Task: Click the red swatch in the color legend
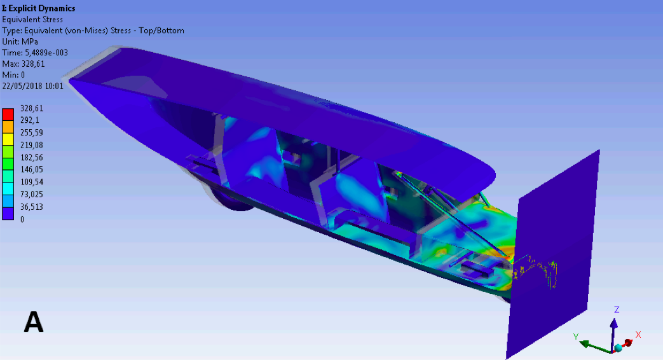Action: click(x=8, y=114)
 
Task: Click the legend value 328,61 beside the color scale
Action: click(x=32, y=108)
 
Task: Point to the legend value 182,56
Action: click(x=32, y=157)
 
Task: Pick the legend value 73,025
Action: click(x=32, y=194)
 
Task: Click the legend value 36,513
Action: click(x=32, y=207)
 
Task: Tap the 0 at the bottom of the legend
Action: click(x=22, y=219)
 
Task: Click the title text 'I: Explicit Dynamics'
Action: click(x=39, y=8)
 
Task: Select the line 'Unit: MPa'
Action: click(x=20, y=41)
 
